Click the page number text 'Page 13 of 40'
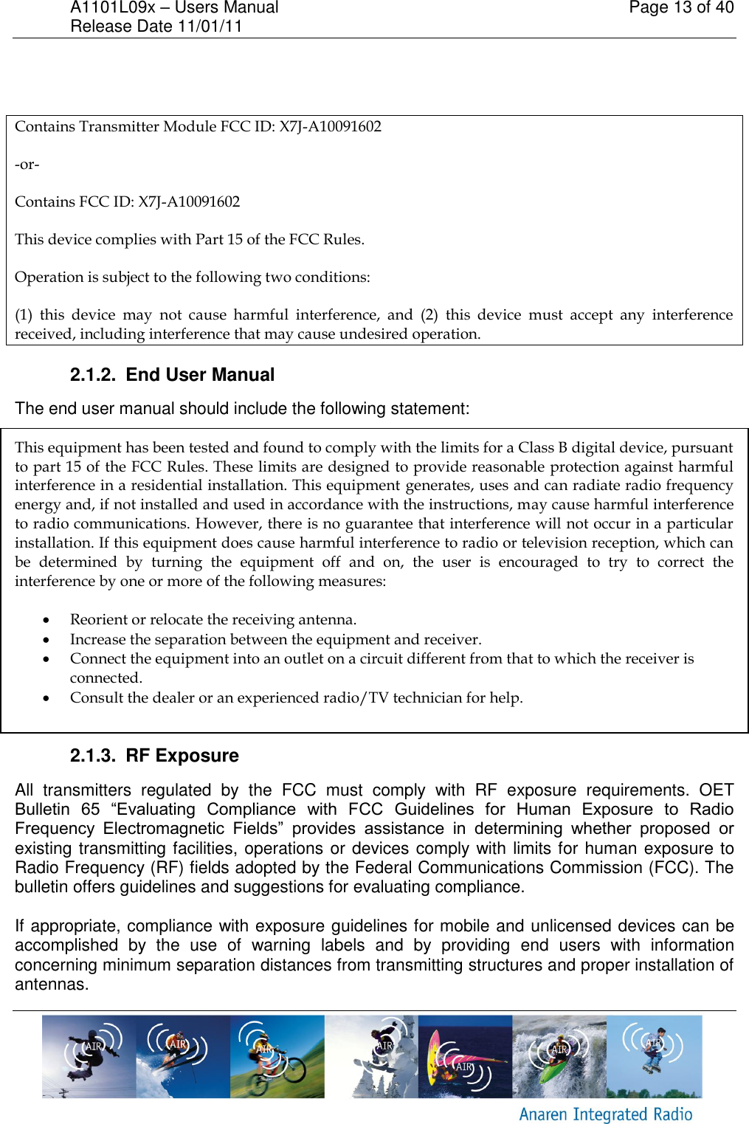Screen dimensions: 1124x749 [680, 8]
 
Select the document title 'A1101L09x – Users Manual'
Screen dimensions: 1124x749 [174, 8]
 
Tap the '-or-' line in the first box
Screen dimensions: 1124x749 [27, 165]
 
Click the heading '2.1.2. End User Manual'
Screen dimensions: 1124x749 [172, 375]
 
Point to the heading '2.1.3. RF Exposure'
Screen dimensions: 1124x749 [154, 756]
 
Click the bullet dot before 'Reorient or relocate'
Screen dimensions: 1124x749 [46, 620]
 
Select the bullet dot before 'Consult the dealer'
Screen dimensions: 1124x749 [46, 698]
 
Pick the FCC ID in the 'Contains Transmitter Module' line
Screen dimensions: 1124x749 [330, 127]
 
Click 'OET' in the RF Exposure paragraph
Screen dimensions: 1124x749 [716, 790]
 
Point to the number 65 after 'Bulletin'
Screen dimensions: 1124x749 [91, 810]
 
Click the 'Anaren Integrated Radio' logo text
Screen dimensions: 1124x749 [605, 1114]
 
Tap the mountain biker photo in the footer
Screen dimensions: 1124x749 [277, 1057]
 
